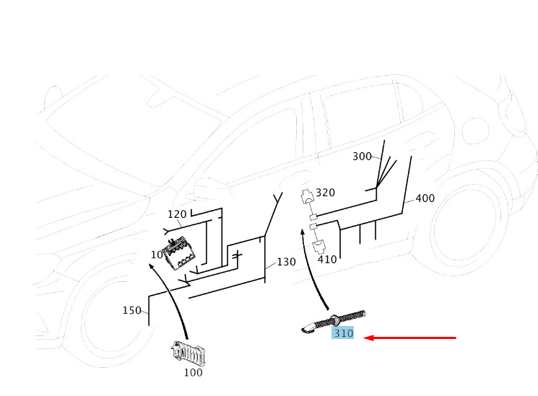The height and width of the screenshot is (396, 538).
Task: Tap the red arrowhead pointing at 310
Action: pyautogui.click(x=368, y=338)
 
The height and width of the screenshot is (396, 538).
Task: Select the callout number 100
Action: pyautogui.click(x=193, y=372)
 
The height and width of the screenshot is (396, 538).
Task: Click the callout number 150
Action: pyautogui.click(x=132, y=310)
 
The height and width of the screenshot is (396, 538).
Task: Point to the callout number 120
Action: pyautogui.click(x=177, y=214)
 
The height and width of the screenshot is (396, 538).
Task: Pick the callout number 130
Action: pyautogui.click(x=286, y=262)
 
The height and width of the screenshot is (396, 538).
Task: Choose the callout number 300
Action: pyautogui.click(x=362, y=157)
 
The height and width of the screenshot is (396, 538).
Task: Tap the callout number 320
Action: pyautogui.click(x=325, y=193)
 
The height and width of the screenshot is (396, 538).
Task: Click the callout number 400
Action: pyautogui.click(x=425, y=198)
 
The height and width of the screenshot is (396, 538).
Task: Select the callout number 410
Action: pyautogui.click(x=327, y=259)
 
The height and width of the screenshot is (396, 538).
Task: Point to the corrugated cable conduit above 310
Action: pyautogui.click(x=334, y=322)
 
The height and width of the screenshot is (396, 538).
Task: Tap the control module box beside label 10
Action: pyautogui.click(x=179, y=253)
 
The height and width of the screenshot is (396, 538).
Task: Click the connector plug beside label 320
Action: pyautogui.click(x=307, y=195)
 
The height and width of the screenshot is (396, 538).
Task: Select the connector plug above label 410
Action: pyautogui.click(x=319, y=247)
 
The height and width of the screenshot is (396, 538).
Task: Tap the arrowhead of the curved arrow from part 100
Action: pyautogui.click(x=152, y=266)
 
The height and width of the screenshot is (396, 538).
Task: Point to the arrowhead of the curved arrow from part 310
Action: pyautogui.click(x=303, y=232)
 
